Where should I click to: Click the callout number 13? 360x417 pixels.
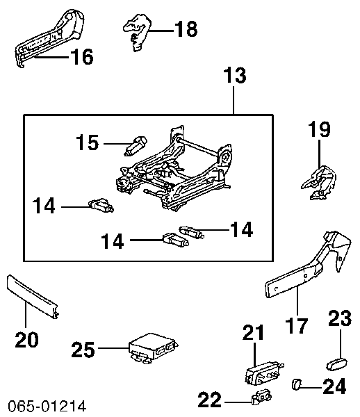coord(235,75)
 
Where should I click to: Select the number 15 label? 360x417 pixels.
coord(87,142)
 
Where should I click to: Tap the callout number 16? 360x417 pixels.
coord(81,56)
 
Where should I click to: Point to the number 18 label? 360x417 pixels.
coord(186,28)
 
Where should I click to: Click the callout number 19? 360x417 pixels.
coord(319,129)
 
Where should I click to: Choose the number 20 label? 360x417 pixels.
coord(26,339)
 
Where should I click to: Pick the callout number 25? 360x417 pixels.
coord(83,349)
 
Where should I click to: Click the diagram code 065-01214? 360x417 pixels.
coord(47,406)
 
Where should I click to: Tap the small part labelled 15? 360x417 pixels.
coord(136,146)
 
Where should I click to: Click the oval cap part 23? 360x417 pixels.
coord(337,364)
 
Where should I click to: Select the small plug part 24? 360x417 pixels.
coord(297,384)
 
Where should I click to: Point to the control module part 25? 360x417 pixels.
coord(153,348)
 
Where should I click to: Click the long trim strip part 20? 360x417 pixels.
coord(33,297)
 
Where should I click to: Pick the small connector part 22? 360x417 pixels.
coord(261,398)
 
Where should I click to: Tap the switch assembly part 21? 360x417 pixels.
coord(263,373)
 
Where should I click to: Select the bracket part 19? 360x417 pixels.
coord(320,182)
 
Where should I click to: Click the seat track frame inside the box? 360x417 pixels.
coord(175,170)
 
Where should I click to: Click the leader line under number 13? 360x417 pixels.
coord(234,99)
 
